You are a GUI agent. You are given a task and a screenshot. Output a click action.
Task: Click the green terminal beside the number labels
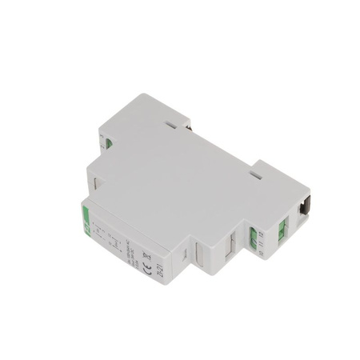click(x=254, y=237)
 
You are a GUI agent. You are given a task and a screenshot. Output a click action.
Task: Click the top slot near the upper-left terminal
click(x=170, y=124)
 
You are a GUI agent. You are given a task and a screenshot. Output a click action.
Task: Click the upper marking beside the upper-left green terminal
click(x=102, y=136)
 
